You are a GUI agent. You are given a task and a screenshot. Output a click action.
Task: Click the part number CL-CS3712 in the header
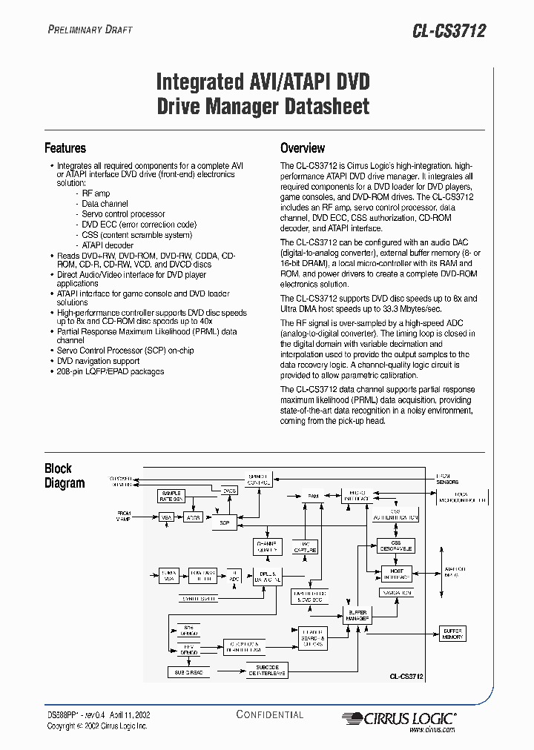[x=449, y=31]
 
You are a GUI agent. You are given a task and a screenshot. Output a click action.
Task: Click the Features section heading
[x=65, y=148]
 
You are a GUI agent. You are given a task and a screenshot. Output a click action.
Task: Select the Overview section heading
[x=303, y=148]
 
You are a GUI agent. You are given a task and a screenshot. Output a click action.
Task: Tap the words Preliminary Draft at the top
[x=90, y=30]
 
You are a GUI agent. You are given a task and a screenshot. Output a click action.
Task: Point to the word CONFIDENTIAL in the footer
[x=270, y=714]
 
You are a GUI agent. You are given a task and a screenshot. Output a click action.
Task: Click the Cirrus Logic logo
[x=398, y=717]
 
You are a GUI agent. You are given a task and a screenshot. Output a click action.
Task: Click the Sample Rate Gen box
[x=171, y=497]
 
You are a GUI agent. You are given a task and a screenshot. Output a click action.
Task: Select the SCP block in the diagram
[x=224, y=522]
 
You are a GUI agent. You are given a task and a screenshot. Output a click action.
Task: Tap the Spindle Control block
[x=257, y=479]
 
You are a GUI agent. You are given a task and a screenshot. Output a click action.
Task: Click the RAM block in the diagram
[x=314, y=495]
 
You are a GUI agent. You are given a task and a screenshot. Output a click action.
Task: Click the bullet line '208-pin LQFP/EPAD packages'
[x=111, y=371]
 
